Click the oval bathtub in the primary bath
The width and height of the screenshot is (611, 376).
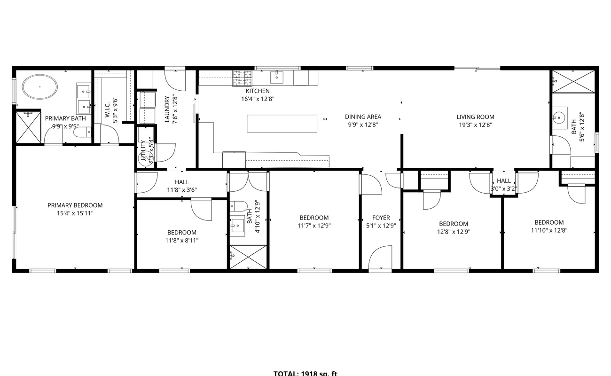(x=40, y=87)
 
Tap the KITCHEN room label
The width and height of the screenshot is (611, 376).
(x=258, y=91)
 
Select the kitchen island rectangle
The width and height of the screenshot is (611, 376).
(x=282, y=123)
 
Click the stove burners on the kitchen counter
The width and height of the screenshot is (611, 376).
(x=243, y=78)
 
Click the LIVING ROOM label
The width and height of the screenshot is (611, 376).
(x=475, y=117)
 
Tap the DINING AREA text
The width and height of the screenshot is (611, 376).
(x=363, y=117)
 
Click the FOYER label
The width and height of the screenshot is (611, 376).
(x=381, y=218)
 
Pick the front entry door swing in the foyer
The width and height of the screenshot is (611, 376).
(x=380, y=258)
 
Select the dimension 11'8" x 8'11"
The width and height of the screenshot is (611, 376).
(x=181, y=241)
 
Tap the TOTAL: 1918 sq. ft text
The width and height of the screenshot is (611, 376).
(x=305, y=373)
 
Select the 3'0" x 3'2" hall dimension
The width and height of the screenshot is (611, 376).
(x=504, y=189)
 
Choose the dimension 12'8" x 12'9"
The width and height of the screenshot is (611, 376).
(x=453, y=232)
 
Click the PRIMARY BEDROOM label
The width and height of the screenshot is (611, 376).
(x=75, y=205)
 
